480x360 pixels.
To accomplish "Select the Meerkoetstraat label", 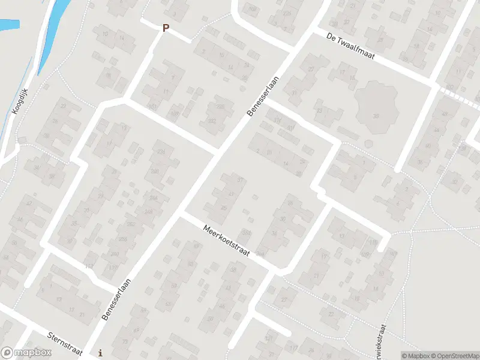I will (225, 238).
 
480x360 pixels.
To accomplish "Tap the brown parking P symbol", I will (166, 28).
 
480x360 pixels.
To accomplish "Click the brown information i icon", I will (100, 352).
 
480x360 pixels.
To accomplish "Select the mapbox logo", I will (25, 352).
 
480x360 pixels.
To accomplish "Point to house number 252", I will (131, 224).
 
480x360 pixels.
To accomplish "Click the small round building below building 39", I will (367, 143).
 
